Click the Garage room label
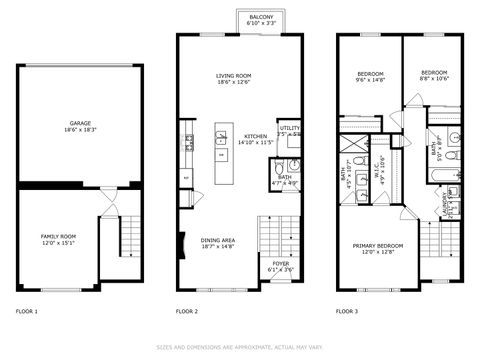click(79, 123)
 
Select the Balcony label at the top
click(261, 17)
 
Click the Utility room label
click(290, 128)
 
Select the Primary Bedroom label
click(377, 246)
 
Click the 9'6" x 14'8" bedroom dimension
click(371, 79)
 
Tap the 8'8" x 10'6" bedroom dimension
click(434, 79)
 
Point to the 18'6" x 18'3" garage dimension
click(79, 129)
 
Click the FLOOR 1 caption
click(27, 311)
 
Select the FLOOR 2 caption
click(187, 311)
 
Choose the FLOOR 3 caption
click(347, 311)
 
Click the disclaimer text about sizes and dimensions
click(240, 347)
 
